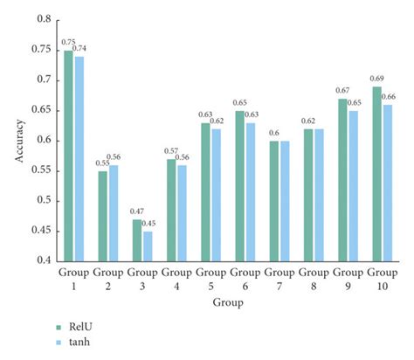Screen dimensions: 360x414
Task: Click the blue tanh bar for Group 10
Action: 387,183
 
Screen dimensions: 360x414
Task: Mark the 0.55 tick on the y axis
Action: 44,170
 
